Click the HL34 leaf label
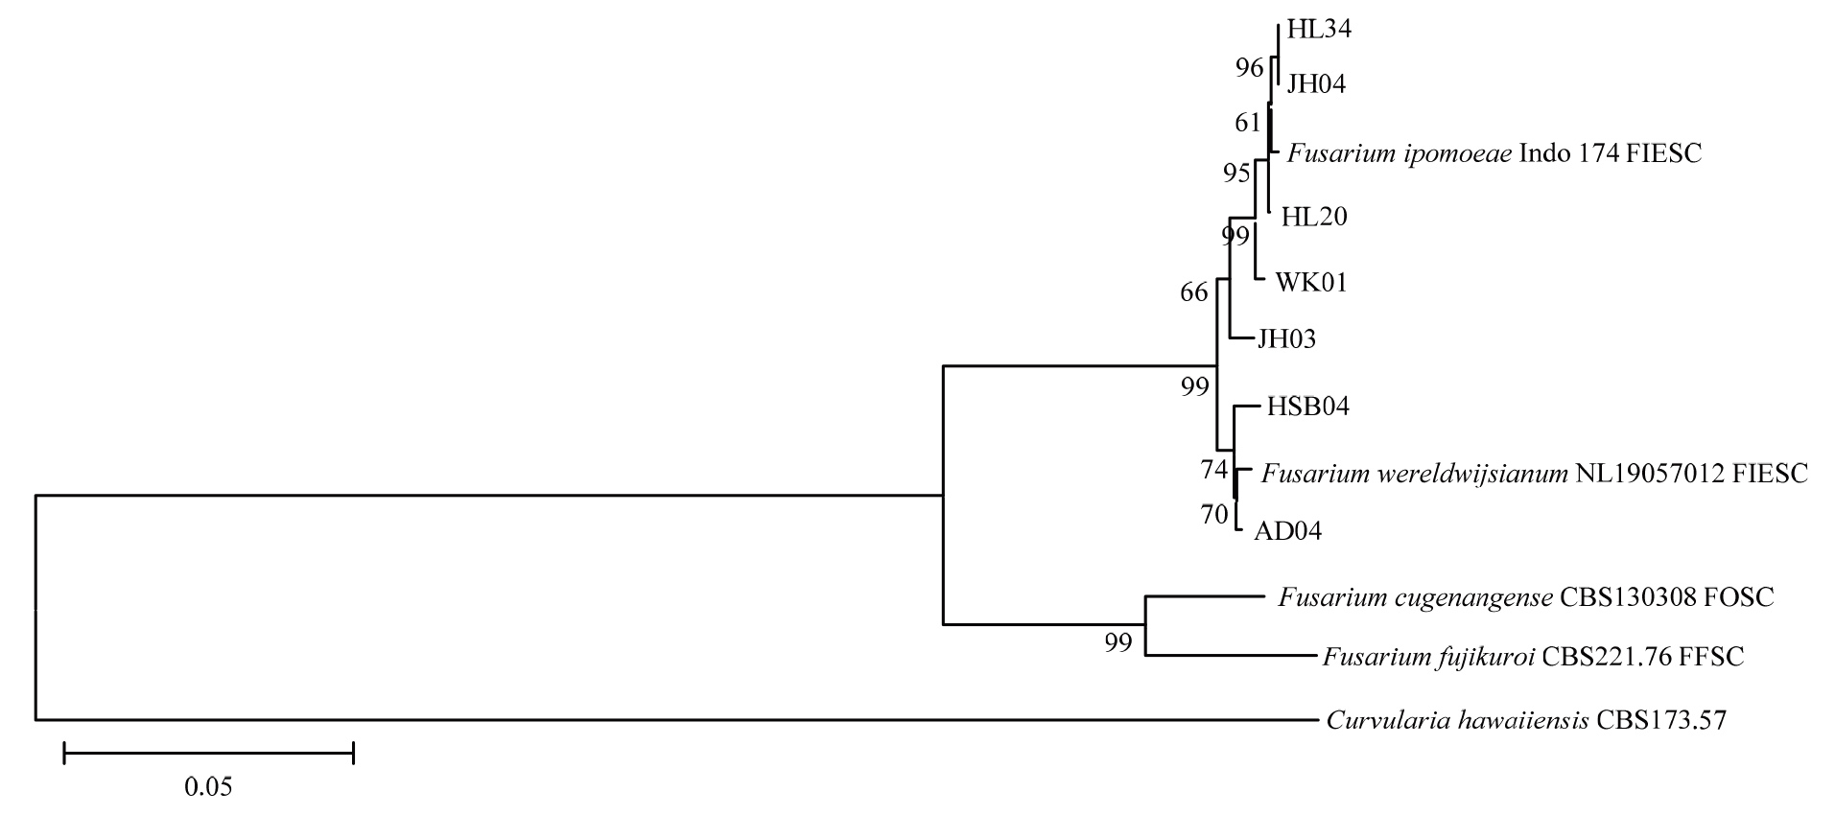pos(1318,30)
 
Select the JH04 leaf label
pos(1316,84)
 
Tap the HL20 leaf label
pos(1314,217)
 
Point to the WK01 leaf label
pos(1310,283)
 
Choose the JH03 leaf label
pos(1286,338)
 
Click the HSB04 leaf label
pos(1307,407)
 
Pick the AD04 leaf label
pos(1287,530)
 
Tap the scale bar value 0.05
pos(208,787)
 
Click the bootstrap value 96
pos(1249,68)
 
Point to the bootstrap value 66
pos(1193,292)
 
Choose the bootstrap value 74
pos(1213,470)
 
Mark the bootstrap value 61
pos(1247,123)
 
